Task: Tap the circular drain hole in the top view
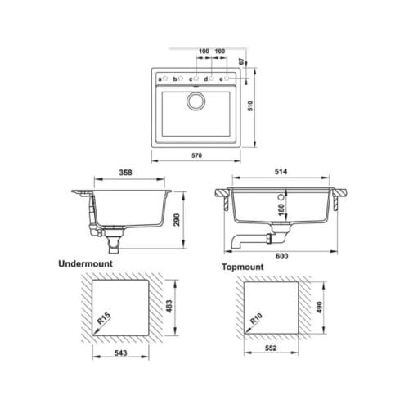coord(197,102)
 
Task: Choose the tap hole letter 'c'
coord(191,79)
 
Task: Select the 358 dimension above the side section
coord(126,173)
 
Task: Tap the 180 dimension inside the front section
coord(281,210)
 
